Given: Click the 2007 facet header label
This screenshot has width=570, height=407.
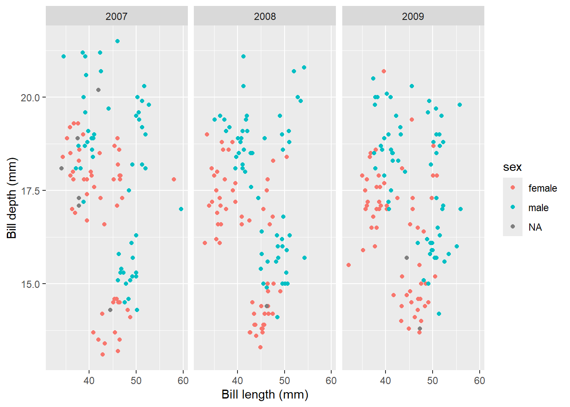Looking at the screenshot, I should click(116, 17).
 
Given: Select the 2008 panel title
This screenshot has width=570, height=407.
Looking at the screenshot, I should click(265, 17).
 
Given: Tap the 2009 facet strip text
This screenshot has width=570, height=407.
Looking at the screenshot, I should click(413, 17).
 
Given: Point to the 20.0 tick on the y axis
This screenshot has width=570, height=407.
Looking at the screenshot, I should click(30, 98).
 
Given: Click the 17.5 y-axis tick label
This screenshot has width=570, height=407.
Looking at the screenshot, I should click(30, 191).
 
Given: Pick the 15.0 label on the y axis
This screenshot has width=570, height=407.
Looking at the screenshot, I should click(30, 284).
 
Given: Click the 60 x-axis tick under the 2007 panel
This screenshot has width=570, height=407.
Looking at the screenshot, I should click(183, 381).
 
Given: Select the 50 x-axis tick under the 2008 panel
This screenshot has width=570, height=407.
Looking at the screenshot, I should click(285, 381).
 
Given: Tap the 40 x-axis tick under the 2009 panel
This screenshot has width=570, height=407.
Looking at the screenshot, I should click(386, 381).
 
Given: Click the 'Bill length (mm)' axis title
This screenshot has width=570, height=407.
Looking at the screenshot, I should click(265, 395).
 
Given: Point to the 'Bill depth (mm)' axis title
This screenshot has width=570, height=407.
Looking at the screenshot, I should click(12, 198).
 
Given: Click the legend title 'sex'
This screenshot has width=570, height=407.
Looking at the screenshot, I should click(512, 167).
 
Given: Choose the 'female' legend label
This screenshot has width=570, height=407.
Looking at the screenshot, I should click(542, 188).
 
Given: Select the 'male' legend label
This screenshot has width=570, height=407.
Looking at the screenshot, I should click(538, 208).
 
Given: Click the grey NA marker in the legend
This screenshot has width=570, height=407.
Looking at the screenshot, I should click(513, 227).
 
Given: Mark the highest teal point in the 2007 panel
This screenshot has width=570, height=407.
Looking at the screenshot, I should click(117, 41).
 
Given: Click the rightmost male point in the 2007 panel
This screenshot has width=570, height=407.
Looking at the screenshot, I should click(181, 209).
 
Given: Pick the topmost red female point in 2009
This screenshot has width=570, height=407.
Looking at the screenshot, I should click(384, 71).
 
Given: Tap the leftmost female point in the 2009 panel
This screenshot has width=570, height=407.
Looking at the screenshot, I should click(349, 265).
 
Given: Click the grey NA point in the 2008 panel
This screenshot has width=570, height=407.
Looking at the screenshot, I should click(267, 306).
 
